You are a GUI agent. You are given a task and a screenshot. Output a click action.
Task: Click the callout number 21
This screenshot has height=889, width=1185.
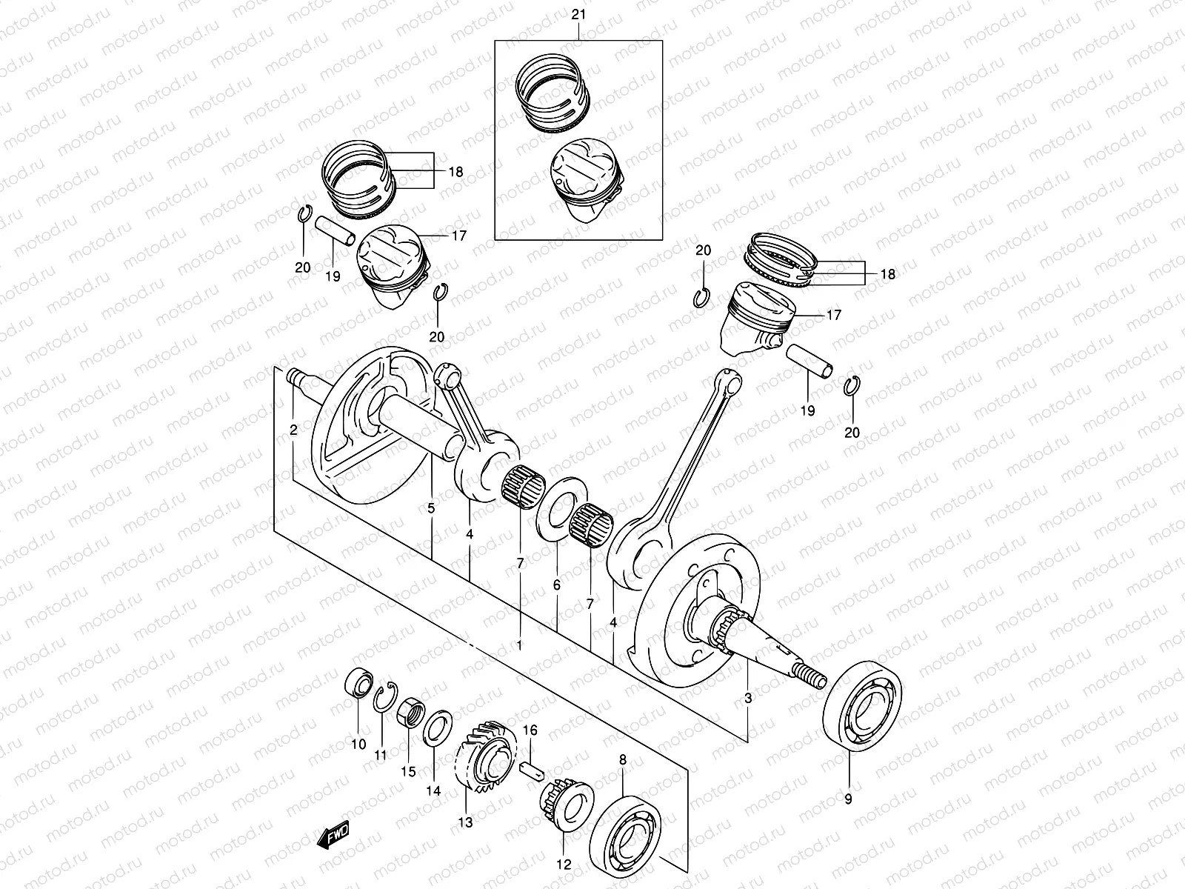tap(578, 15)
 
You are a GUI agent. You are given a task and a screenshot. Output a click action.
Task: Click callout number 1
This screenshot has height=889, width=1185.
tap(519, 645)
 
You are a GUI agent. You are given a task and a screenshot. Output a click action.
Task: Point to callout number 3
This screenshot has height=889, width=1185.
tap(748, 697)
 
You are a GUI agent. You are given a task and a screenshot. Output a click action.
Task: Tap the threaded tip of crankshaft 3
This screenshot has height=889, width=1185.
tap(811, 676)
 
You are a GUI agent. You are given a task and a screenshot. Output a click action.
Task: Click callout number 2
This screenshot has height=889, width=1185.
tap(294, 430)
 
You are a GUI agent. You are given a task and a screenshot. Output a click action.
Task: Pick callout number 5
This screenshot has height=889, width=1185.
tap(431, 508)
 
